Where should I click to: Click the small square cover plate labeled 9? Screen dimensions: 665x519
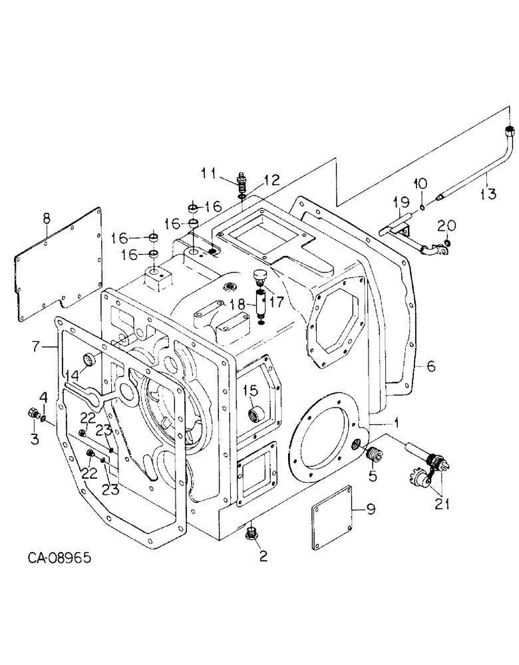click(x=333, y=517)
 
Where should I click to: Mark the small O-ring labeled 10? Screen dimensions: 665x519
click(x=423, y=209)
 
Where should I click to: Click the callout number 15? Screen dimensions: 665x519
click(x=249, y=389)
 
